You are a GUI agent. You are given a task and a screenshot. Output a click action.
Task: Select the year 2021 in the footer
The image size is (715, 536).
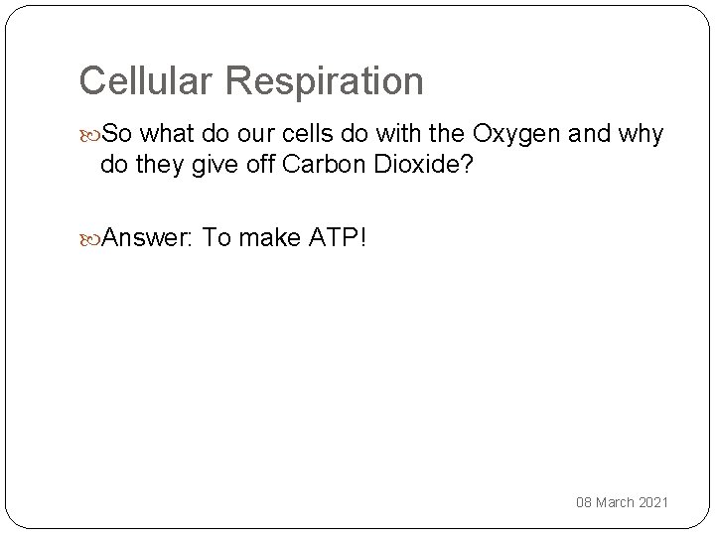[x=655, y=503]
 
